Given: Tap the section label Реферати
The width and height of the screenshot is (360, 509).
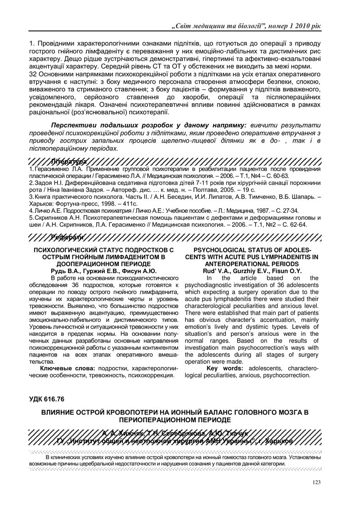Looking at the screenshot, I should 67,237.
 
